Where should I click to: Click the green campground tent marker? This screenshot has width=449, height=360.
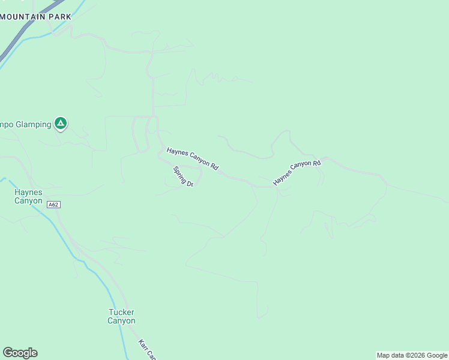tap(60, 124)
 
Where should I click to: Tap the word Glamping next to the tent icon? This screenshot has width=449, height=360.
tap(29, 124)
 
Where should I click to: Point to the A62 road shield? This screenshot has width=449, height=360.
tap(54, 205)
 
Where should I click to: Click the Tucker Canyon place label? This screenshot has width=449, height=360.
tap(121, 316)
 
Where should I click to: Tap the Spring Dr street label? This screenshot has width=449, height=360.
tap(183, 176)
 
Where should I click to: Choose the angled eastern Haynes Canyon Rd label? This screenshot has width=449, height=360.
tap(297, 173)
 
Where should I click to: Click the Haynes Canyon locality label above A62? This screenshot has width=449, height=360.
tap(29, 196)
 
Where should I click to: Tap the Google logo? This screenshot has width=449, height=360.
tap(20, 353)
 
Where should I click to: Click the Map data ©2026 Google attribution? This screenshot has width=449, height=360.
tap(412, 355)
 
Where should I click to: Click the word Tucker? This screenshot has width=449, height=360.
tap(121, 312)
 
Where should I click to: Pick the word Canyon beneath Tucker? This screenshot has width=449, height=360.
tap(121, 321)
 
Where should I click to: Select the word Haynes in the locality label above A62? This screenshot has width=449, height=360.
tap(29, 192)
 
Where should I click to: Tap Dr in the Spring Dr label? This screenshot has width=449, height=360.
tap(189, 183)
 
